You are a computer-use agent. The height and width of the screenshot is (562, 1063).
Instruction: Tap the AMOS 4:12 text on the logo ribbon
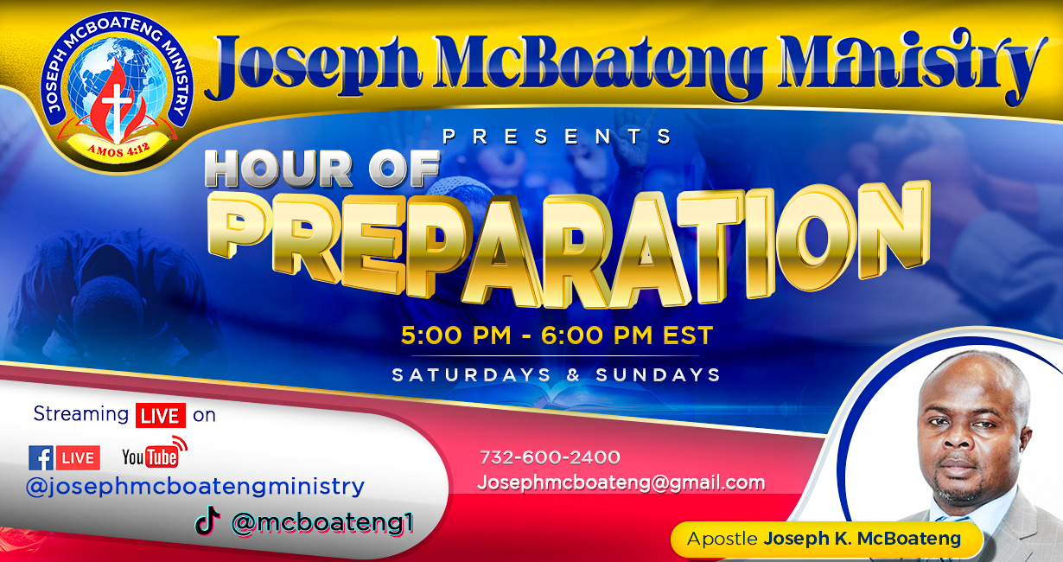pos(118,150)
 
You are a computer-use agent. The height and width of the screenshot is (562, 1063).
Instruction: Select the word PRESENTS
pos(557,137)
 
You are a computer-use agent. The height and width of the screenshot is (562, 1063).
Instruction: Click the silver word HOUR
pos(279,168)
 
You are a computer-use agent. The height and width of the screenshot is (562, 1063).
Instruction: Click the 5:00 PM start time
pos(455,335)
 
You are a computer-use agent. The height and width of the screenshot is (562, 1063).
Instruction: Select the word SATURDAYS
pos(471,375)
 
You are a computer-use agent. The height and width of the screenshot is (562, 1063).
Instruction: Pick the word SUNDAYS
pos(659,375)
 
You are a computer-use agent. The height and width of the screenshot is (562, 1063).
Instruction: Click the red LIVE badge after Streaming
pos(161,415)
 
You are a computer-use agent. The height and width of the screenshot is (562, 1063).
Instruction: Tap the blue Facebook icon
pos(41,457)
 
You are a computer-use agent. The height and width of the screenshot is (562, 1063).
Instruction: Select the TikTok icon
pos(207,520)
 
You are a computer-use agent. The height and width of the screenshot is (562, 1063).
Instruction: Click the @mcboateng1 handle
pos(321,523)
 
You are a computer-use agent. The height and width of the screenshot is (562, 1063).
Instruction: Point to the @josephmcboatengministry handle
pos(195,487)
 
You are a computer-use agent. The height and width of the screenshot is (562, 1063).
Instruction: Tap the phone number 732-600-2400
pos(550,457)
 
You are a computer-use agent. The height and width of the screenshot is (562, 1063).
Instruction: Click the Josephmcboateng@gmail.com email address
pos(621,482)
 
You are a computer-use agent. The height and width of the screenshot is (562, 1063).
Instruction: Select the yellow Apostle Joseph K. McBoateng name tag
pos(824,539)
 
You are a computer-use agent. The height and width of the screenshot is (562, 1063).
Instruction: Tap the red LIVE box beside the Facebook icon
pos(79,457)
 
